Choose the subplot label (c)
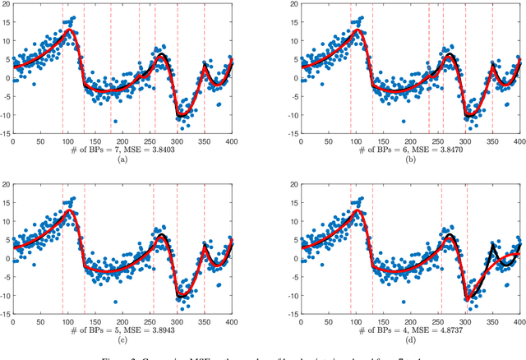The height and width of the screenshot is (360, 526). click(x=122, y=339)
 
